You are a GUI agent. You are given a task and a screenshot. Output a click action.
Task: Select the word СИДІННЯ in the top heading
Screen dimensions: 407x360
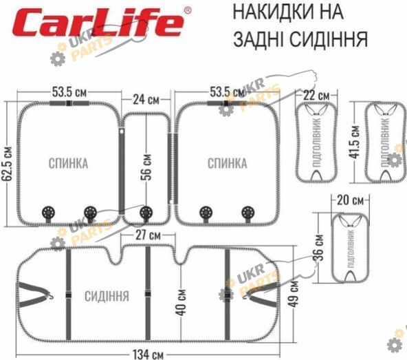(x=329, y=39)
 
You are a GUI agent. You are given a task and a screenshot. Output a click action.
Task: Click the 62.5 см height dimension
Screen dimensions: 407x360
(x=8, y=164)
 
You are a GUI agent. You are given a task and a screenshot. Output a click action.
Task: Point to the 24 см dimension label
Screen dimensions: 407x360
(x=146, y=100)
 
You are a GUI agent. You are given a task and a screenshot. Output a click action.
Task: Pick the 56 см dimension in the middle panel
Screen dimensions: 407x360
(x=146, y=167)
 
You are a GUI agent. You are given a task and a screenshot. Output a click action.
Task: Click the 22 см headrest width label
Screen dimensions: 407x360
(x=316, y=96)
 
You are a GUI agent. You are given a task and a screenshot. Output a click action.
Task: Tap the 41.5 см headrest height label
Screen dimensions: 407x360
(x=355, y=142)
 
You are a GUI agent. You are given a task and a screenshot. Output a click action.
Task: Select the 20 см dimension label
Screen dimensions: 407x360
(x=350, y=200)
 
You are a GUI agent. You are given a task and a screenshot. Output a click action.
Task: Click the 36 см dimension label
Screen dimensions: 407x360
(x=319, y=248)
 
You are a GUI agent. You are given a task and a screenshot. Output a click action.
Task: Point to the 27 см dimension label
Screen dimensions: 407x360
(x=148, y=235)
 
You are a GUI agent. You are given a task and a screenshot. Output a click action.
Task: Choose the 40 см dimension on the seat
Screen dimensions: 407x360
(x=181, y=302)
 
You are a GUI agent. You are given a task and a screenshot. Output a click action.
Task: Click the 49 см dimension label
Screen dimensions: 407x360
(x=294, y=294)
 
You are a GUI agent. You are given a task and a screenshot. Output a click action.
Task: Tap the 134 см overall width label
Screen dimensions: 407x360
(x=148, y=354)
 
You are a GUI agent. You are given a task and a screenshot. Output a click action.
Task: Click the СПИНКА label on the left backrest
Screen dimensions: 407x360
(x=68, y=164)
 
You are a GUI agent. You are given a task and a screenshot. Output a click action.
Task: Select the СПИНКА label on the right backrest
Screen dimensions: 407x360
(x=227, y=164)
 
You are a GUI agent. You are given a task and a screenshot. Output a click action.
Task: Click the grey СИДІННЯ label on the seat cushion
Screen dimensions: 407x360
(x=107, y=296)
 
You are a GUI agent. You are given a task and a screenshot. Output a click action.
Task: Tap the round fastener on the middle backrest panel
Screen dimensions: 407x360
(x=146, y=213)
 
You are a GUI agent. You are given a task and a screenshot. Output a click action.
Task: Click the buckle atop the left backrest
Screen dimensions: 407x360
(x=69, y=103)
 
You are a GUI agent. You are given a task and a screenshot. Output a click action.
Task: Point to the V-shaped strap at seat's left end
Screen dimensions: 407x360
(x=35, y=295)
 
